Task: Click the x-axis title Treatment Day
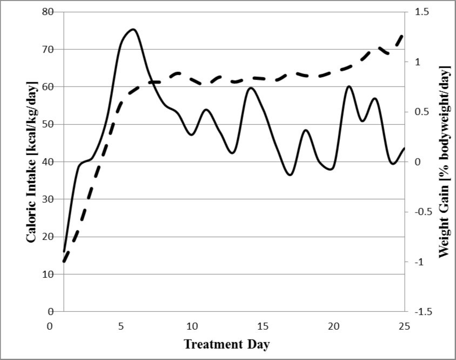[x=226, y=344]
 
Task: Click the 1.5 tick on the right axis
[x=421, y=12]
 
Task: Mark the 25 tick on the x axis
[x=404, y=326]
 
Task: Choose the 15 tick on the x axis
[x=262, y=326]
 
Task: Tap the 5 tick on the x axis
[x=120, y=326]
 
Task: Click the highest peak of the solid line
[x=133, y=29]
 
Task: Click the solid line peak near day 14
[x=250, y=88]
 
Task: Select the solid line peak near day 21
[x=349, y=86]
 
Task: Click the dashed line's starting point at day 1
[x=64, y=262]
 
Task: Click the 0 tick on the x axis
[x=50, y=326]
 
